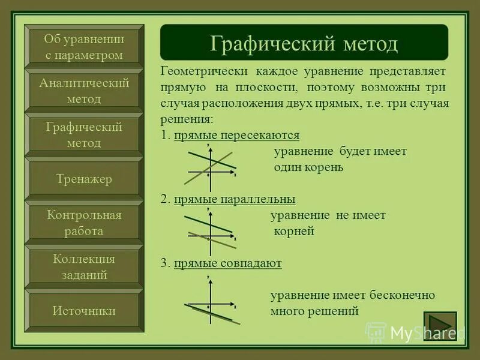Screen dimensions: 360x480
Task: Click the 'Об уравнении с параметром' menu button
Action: pos(84,47)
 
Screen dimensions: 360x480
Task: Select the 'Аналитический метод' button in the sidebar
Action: pos(84,91)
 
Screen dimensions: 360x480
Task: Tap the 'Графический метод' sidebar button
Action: pos(84,135)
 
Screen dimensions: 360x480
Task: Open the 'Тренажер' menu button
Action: pos(84,179)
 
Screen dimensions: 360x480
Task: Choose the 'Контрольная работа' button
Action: pos(84,223)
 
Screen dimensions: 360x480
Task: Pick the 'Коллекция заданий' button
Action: pos(84,267)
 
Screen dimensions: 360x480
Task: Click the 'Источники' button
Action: pos(84,311)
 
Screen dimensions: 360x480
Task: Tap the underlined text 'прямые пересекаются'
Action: pos(236,135)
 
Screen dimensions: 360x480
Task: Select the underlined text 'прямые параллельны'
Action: pos(235,199)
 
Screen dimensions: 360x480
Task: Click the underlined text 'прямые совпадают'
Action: pos(227,263)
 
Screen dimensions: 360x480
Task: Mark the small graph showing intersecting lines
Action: pos(209,164)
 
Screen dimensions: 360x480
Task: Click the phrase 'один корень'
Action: pos(308,167)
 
